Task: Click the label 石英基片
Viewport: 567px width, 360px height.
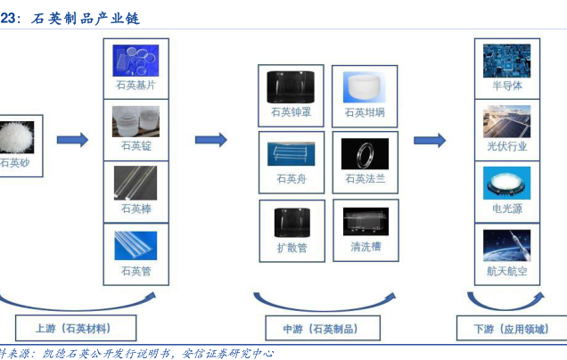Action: (136, 86)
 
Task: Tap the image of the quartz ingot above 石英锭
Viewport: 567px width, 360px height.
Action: (136, 120)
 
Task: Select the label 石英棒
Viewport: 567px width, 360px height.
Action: (136, 209)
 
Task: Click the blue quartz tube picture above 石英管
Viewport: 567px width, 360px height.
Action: (136, 244)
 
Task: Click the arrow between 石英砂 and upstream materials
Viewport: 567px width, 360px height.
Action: (72, 140)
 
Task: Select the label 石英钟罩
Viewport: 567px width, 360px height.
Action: (292, 113)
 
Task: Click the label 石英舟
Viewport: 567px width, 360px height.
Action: (292, 179)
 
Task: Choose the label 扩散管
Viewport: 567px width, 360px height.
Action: (292, 248)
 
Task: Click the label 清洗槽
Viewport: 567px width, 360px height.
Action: (366, 247)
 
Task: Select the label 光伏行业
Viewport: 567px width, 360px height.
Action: (506, 146)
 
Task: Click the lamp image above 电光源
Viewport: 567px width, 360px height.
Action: (506, 183)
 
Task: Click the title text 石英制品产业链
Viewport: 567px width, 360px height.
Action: (86, 18)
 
